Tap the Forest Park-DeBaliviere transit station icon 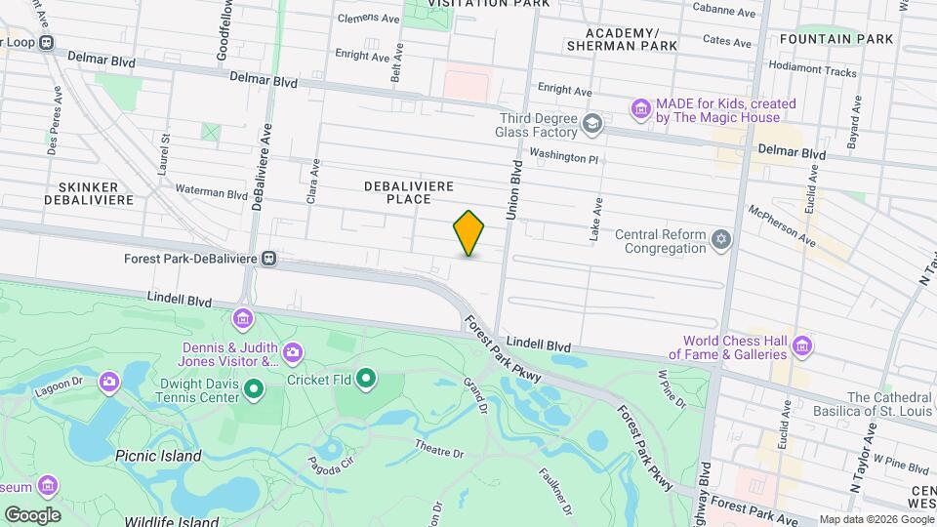click(x=268, y=260)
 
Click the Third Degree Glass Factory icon click(x=591, y=123)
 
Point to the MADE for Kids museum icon click(x=640, y=105)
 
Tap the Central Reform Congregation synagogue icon click(x=721, y=240)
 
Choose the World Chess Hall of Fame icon click(x=802, y=345)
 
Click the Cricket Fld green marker click(x=367, y=377)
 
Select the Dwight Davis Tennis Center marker click(x=254, y=390)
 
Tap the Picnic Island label click(x=158, y=456)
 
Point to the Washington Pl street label click(x=563, y=155)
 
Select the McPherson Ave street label click(x=781, y=224)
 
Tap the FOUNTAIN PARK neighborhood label click(x=836, y=39)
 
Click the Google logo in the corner click(x=32, y=514)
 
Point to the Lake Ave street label click(x=596, y=221)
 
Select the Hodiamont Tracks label click(x=812, y=71)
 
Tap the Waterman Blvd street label click(x=212, y=192)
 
